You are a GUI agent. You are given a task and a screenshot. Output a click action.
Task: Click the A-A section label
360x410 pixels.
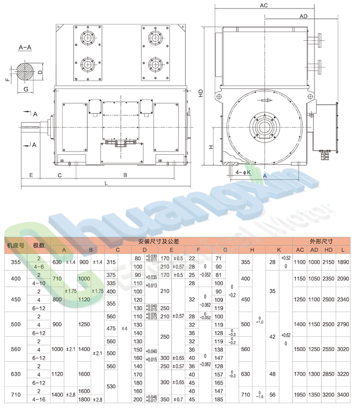tap(25, 48)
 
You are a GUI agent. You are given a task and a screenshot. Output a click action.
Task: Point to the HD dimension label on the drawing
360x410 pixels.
tap(201, 92)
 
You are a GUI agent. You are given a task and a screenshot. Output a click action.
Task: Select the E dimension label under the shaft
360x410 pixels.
tap(32, 174)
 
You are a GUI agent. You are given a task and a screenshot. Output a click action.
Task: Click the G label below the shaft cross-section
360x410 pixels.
tap(25, 90)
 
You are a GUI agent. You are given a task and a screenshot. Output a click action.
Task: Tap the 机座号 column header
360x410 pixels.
tap(15, 245)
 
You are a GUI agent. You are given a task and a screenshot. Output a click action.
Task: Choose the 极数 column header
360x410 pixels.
tap(39, 245)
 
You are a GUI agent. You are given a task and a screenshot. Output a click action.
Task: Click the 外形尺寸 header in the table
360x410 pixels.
tap(321, 240)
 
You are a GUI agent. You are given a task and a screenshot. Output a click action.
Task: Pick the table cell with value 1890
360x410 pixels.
tap(344, 262)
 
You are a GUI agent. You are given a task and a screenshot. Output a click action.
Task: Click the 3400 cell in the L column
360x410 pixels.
tap(344, 395)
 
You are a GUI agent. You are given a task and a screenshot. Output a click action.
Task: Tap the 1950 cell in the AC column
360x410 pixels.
tap(300, 395)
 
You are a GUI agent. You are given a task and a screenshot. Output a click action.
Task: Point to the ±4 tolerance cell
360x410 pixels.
tap(124, 328)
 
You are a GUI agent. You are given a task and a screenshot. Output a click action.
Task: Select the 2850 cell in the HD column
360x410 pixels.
tap(329, 375)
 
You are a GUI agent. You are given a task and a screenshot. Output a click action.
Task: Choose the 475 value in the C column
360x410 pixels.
tap(111, 328)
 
